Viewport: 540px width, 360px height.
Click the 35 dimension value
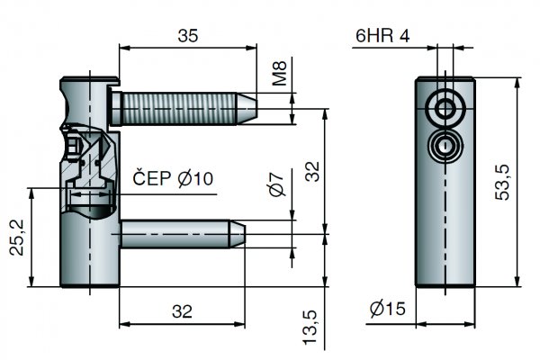tap(188, 36)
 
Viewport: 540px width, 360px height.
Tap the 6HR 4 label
tap(382, 36)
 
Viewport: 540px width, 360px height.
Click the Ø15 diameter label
tap(388, 310)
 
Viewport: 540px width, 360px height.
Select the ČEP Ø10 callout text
tap(173, 179)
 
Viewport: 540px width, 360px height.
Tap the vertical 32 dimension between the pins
tap(311, 171)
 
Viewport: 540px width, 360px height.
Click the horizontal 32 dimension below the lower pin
tap(182, 311)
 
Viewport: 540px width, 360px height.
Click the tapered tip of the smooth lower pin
tap(239, 235)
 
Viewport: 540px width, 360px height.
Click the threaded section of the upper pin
tap(180, 108)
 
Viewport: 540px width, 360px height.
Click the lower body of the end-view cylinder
tap(445, 234)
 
